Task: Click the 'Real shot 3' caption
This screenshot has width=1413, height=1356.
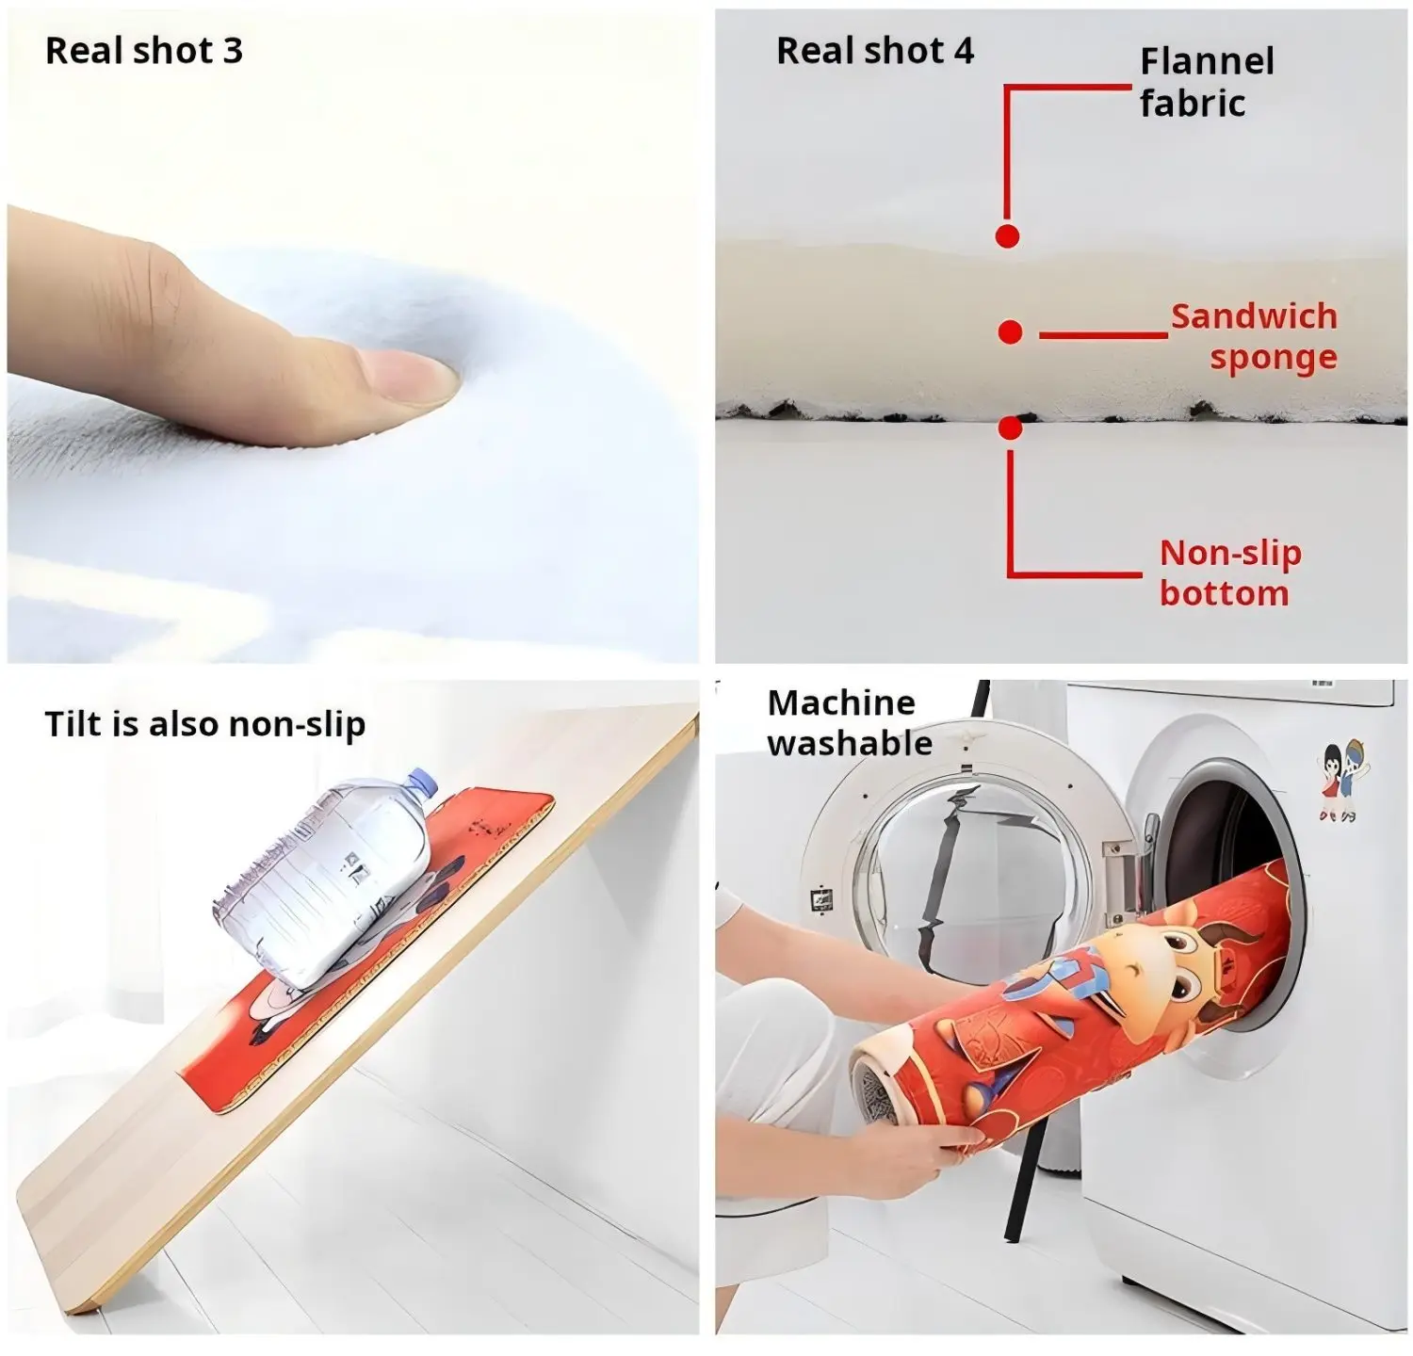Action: tap(143, 51)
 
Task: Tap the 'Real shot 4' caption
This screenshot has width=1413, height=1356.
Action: tap(874, 51)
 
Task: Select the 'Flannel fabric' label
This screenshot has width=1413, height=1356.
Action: tap(1206, 82)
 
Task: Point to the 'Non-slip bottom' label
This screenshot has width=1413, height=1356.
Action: tap(1228, 573)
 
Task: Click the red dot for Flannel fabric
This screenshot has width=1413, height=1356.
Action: tap(1007, 235)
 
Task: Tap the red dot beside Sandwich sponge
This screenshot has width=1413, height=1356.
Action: tap(1010, 331)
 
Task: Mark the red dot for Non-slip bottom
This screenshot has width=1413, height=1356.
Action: tap(1010, 428)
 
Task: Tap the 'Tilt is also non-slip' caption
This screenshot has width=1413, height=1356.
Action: tap(204, 724)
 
